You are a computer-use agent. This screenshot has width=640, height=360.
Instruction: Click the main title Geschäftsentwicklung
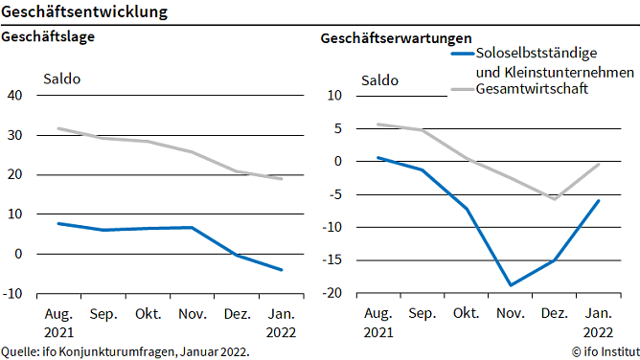85,12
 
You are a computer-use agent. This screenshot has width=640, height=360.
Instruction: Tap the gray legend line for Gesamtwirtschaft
462,90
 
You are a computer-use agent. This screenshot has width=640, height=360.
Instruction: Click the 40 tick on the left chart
14,95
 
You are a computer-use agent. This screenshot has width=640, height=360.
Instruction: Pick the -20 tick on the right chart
331,293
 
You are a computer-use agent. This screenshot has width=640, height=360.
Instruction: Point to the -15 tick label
331,260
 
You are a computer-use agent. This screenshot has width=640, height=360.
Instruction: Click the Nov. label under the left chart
194,313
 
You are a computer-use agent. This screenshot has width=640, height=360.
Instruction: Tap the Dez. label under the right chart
554,313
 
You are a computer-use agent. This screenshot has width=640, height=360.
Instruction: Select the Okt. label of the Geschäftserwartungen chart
466,313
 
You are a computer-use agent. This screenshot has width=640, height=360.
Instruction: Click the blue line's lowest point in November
510,285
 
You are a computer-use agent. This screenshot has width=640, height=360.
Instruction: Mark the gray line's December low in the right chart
554,199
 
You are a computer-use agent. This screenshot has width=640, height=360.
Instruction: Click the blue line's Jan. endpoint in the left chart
282,270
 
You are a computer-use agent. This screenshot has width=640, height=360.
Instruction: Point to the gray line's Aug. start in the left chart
58,128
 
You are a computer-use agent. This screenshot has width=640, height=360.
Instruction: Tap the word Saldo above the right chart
379,79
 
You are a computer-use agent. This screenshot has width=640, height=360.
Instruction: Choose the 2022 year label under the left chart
282,331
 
